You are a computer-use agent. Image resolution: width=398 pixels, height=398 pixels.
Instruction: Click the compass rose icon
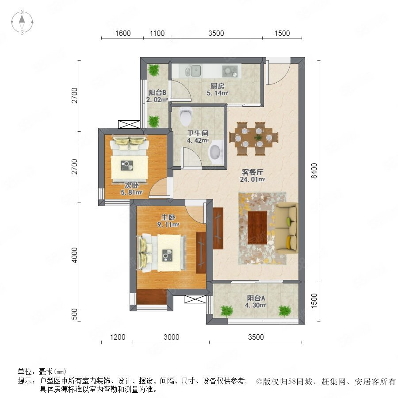pos(22,22)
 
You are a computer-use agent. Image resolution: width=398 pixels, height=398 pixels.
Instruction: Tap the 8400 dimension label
pos(314,171)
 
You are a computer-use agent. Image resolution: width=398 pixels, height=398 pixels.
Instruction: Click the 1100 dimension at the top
pos(157,33)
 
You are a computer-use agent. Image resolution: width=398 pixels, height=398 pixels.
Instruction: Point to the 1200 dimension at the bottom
pos(118,337)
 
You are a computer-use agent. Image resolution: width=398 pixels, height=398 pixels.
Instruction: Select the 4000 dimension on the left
pos(74,255)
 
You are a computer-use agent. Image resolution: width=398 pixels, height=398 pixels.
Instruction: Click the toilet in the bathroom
pos(186,116)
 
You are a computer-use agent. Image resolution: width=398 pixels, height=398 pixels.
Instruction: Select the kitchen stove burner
pos(230,71)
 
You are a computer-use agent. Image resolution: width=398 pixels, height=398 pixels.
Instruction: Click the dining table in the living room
pos(253,138)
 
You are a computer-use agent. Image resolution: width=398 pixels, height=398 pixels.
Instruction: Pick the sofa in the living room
pos(286,228)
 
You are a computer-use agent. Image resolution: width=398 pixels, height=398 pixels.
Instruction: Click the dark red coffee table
pos(257,228)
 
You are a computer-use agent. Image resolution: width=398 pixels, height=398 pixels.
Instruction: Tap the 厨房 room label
pos(218,86)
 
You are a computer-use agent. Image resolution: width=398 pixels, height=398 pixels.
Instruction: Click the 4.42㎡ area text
pos(198,140)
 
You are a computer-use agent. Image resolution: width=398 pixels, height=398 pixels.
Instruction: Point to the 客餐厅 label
pos(253,172)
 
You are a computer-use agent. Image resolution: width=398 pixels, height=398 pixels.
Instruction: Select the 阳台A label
pos(256,298)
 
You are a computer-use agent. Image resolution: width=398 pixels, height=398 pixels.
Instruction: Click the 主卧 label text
pos(168,218)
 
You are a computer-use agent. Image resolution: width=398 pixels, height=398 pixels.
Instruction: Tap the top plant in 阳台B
pos(154,70)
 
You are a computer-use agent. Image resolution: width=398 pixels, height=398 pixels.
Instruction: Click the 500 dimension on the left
pos(74,314)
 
